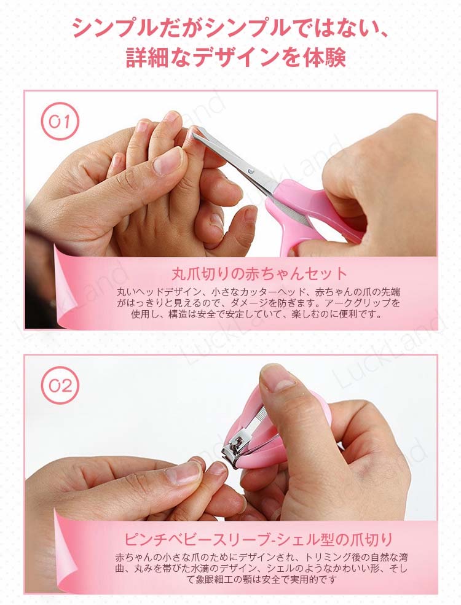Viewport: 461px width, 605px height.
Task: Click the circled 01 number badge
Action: [60, 121]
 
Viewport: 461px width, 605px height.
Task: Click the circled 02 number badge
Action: [60, 386]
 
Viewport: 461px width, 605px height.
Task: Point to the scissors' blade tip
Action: [192, 131]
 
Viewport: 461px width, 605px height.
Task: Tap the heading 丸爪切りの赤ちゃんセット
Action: [259, 273]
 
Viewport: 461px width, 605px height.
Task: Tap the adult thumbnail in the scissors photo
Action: [168, 161]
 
